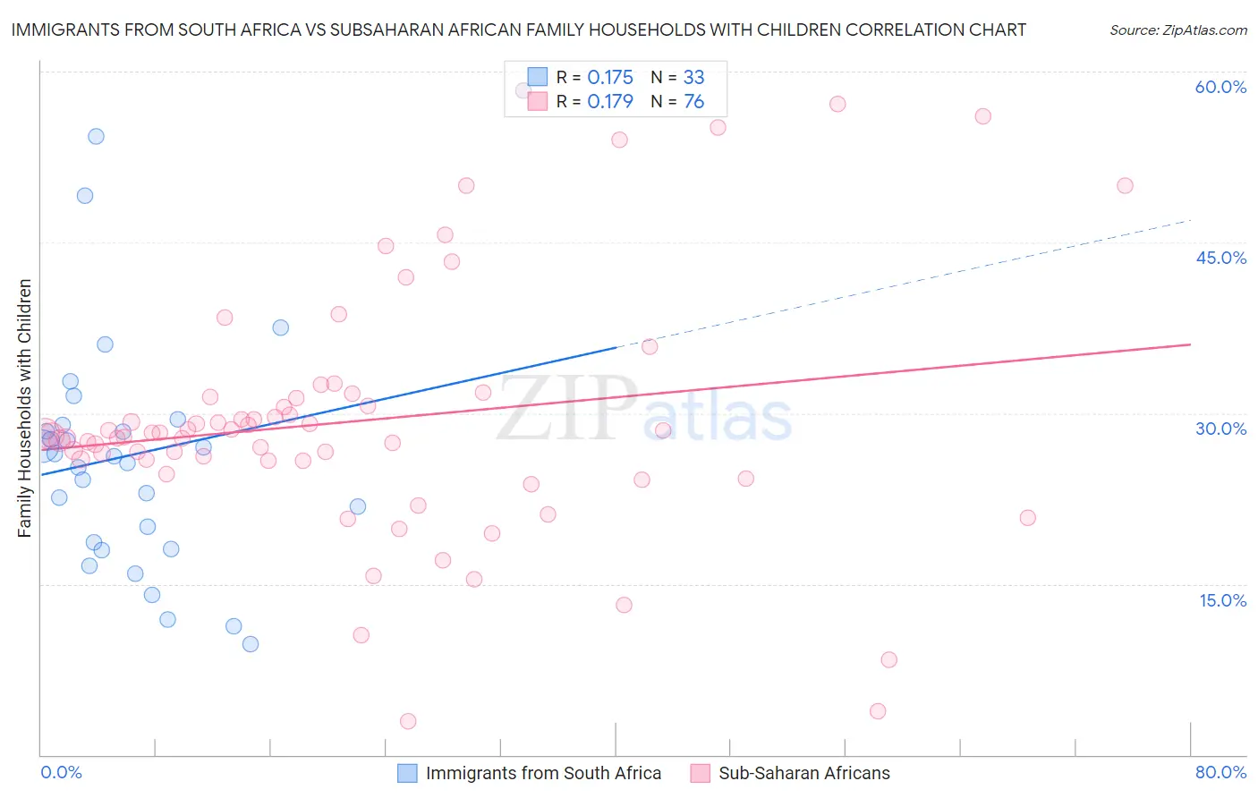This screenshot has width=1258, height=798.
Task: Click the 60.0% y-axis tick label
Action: point(1220,87)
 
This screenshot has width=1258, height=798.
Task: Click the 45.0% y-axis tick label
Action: point(1220,258)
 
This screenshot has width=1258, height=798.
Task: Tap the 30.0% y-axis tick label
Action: point(1220,429)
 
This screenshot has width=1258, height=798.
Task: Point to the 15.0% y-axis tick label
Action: point(1222,600)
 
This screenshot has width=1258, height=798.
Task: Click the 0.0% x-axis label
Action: point(61,772)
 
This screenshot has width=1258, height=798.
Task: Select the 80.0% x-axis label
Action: point(1220,772)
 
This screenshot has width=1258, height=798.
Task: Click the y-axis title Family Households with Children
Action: point(25,408)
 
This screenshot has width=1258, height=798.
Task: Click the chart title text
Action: point(518,30)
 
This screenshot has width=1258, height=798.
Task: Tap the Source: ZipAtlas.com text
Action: point(1177,30)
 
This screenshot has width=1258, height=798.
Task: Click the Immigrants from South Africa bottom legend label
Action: point(543,773)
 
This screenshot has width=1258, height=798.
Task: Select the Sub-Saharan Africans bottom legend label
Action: point(804,773)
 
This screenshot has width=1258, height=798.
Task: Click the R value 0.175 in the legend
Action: point(610,77)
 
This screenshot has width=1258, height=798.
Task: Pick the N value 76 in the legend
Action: point(693,101)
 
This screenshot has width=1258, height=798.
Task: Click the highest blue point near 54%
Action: point(96,136)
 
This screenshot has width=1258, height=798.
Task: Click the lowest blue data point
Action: point(251,644)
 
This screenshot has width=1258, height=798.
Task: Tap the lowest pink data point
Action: point(408,721)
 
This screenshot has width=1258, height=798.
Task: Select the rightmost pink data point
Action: point(1125,186)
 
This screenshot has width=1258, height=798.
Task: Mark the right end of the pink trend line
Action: point(1191,344)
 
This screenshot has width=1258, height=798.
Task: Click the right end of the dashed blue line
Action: point(1191,219)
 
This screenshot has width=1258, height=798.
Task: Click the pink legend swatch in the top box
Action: point(537,101)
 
